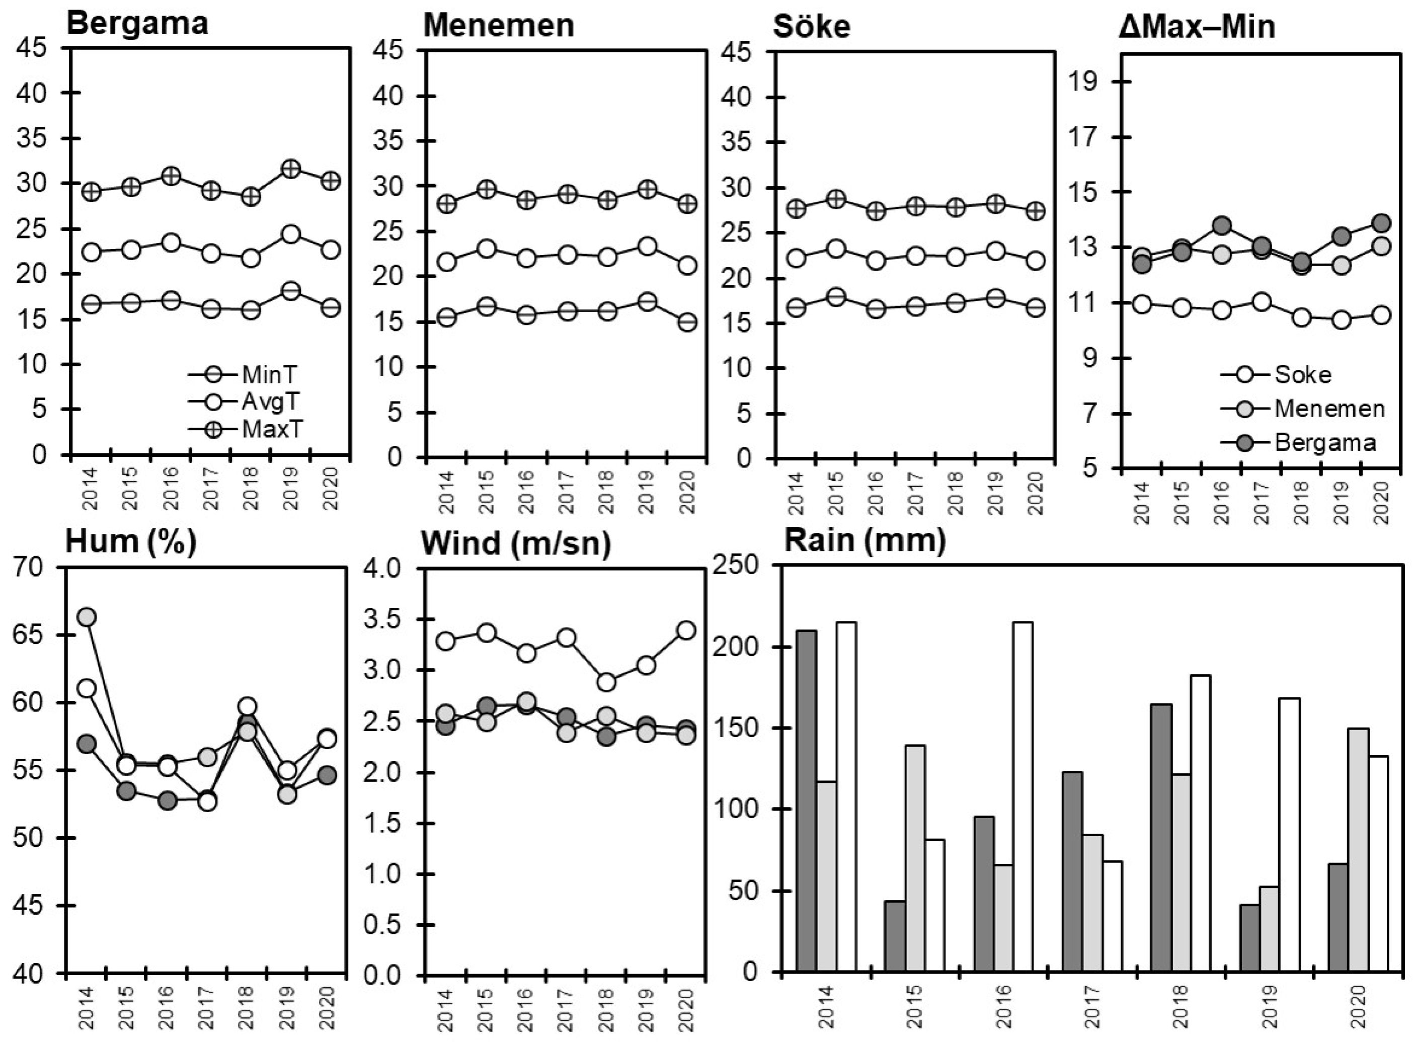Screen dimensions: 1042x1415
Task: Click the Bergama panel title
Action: click(x=136, y=24)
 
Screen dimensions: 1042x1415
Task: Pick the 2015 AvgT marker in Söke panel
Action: click(x=836, y=249)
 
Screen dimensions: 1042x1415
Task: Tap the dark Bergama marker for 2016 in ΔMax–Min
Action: click(x=1222, y=225)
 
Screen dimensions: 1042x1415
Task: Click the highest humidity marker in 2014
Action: click(x=87, y=617)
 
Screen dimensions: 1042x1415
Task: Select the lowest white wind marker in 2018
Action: click(x=606, y=682)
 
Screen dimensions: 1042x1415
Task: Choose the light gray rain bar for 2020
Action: click(x=1358, y=850)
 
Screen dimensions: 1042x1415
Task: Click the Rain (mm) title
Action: click(x=864, y=541)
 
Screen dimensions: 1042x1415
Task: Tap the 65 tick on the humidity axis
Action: click(x=43, y=634)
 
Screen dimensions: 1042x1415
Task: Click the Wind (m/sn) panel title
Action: click(x=515, y=544)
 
